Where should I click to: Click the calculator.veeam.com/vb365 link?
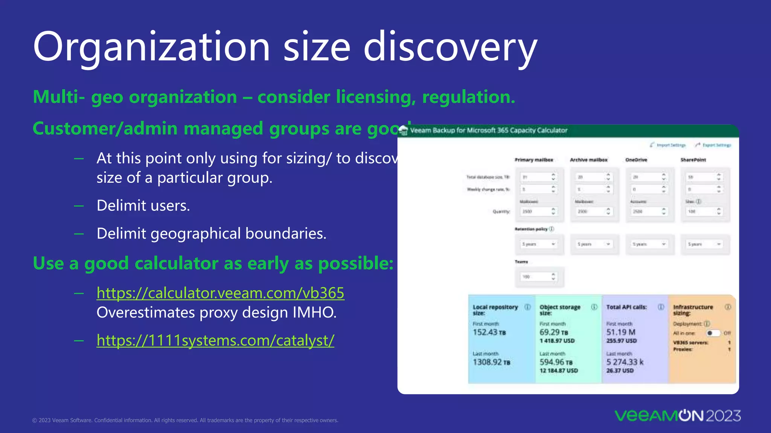[x=220, y=293]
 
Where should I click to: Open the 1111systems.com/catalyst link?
[x=215, y=341]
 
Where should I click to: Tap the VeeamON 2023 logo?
[x=678, y=416]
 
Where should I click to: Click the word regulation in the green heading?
[x=468, y=97]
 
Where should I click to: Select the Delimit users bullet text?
[x=143, y=206]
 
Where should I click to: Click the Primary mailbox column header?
[x=534, y=160]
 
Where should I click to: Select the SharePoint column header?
[x=693, y=160]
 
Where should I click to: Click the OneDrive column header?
[x=636, y=160]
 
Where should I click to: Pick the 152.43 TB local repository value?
[x=489, y=332]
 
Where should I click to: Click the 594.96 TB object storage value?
[x=556, y=362]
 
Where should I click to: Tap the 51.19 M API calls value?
[x=621, y=332]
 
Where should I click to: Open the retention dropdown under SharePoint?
[x=704, y=244]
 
